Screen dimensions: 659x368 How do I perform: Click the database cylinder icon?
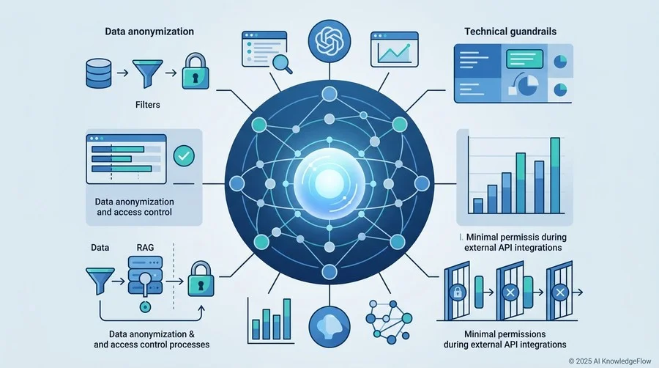tap(99, 73)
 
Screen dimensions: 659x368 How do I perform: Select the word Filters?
tap(147, 104)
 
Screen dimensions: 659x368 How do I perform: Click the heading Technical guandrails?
tap(510, 32)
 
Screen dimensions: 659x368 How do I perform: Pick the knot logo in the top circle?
tap(329, 41)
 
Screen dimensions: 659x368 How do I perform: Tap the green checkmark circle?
tap(184, 156)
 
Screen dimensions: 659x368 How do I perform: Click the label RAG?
tap(145, 247)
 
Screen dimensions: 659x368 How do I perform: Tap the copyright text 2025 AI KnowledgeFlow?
tap(610, 361)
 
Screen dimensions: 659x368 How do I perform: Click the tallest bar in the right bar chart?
tap(555, 175)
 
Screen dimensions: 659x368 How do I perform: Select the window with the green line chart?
tap(394, 49)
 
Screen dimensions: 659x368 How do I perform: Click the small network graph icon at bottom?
tap(389, 321)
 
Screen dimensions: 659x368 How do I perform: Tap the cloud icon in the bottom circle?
tap(329, 326)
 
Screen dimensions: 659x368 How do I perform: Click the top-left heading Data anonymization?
tap(149, 32)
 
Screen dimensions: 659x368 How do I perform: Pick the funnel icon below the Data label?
tap(100, 281)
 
